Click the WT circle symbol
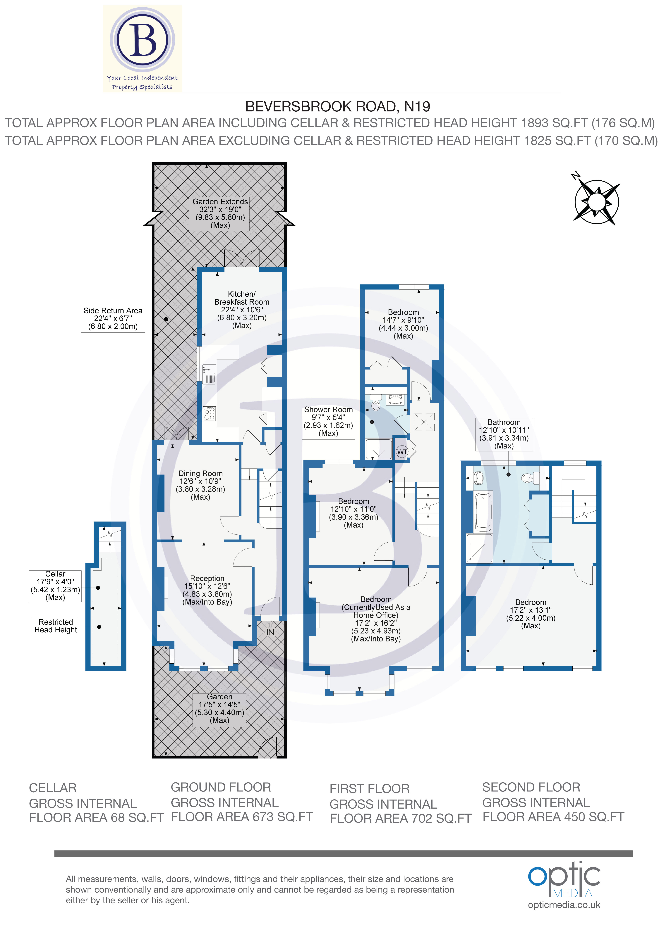[x=402, y=452]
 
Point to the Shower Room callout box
[x=328, y=421]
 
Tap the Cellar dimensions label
[x=55, y=586]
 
